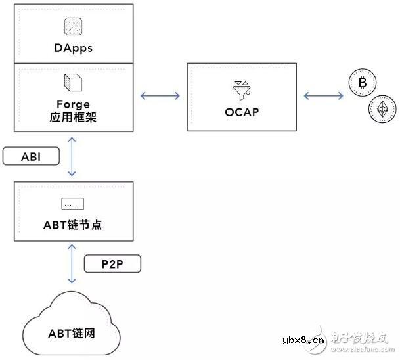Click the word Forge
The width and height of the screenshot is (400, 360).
tap(72, 104)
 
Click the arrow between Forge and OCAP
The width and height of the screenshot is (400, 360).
tap(160, 96)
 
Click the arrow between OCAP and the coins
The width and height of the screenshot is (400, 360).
tap(322, 96)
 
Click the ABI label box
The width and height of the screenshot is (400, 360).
tap(31, 156)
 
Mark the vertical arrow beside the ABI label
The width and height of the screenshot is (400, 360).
tap(72, 156)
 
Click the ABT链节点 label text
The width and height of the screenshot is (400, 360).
tap(72, 225)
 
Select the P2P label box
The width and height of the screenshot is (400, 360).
tap(112, 264)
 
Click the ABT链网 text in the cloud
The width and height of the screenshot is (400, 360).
tap(70, 332)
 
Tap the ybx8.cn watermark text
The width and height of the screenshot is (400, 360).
tap(302, 342)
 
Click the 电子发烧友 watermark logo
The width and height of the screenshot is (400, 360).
tap(361, 339)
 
